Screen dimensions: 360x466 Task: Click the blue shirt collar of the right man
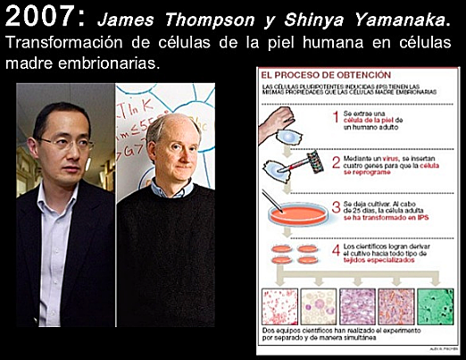click(x=178, y=189)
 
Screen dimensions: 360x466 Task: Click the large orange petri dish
click(x=289, y=213)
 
